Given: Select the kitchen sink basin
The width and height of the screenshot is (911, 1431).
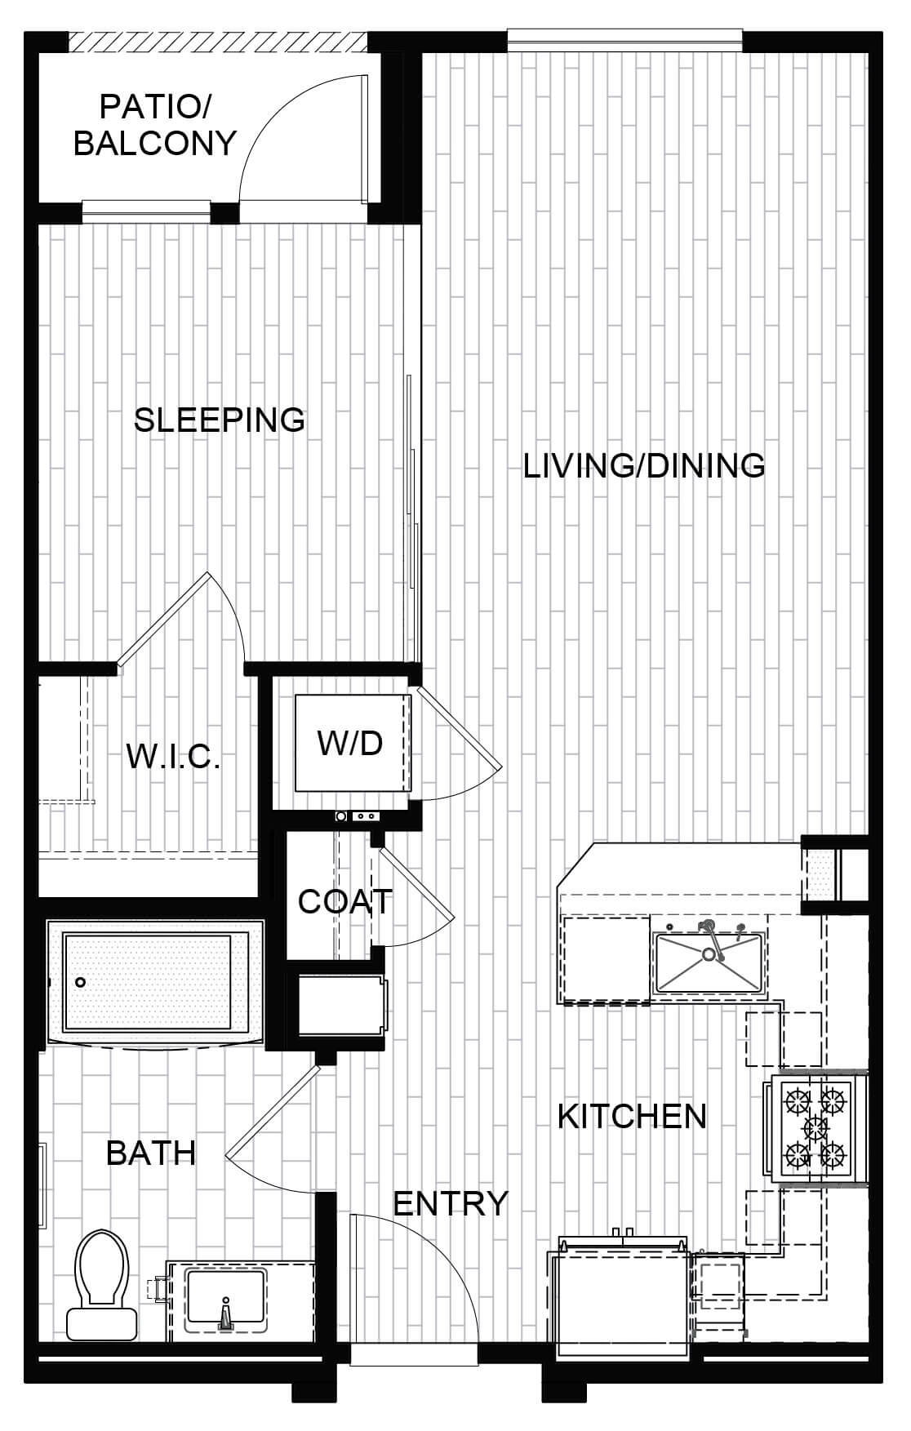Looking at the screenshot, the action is [709, 963].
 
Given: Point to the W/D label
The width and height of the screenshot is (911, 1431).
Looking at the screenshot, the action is [350, 743].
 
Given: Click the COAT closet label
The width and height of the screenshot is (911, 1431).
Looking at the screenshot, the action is [345, 901].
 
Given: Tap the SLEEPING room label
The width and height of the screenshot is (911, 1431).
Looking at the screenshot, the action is [220, 420].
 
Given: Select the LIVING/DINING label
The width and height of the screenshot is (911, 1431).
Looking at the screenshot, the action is [644, 465].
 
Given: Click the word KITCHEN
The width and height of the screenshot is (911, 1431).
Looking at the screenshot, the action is [632, 1116].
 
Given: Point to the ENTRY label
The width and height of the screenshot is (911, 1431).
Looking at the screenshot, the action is [451, 1203].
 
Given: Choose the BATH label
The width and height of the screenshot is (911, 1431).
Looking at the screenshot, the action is [151, 1153].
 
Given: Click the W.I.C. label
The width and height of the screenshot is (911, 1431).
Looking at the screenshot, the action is [174, 757].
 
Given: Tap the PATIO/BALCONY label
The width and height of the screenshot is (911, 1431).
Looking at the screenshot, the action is [155, 124].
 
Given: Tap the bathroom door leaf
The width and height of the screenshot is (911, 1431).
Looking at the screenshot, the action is [273, 1109].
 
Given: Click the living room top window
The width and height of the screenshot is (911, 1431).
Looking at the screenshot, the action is [625, 37].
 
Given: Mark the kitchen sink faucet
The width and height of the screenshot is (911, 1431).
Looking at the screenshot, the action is [709, 938].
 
